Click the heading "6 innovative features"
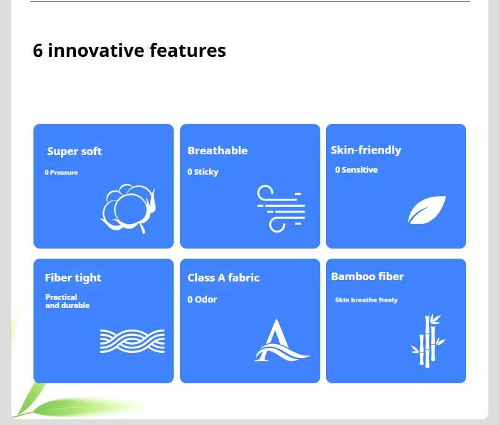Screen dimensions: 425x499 coord(129,51)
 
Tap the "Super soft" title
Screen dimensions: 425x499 coord(75,151)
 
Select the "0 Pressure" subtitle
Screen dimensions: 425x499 coord(61,173)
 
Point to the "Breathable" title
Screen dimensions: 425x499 coord(217,151)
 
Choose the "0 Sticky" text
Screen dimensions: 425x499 coord(203,172)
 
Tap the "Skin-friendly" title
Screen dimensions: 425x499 coord(366,150)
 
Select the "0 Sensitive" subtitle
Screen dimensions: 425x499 coord(356,169)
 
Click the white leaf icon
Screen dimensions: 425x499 coord(427,210)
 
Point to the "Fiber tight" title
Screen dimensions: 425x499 coord(73,278)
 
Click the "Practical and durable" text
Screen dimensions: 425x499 coord(67,301)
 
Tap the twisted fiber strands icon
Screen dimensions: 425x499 coord(132,341)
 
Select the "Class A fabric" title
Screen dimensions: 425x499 coord(224,278)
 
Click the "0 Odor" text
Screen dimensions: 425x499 coord(202,299)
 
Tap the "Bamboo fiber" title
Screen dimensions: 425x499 coord(367,276)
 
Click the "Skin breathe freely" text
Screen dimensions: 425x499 coord(366,300)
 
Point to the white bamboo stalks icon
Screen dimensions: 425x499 coord(428,340)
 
